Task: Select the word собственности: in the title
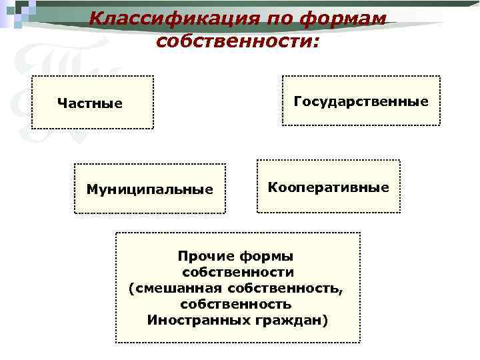tap(238, 41)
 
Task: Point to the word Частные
tap(90, 103)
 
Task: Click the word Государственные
tap(361, 101)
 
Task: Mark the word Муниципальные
tap(150, 189)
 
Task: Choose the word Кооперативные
tap(328, 187)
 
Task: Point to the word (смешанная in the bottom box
tap(175, 288)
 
